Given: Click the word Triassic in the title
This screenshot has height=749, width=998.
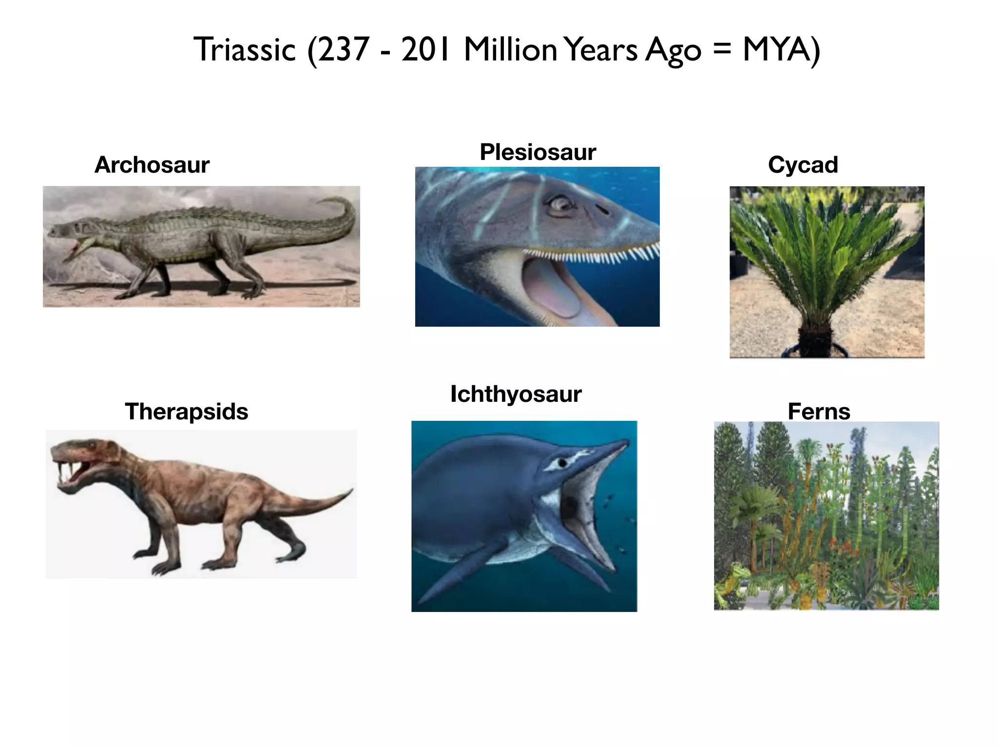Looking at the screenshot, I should [x=245, y=50].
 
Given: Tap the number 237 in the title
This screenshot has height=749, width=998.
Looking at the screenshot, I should [x=343, y=50].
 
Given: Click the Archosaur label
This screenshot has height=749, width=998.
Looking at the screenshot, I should [x=152, y=165].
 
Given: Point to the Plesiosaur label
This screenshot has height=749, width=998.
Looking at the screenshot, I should [x=537, y=152].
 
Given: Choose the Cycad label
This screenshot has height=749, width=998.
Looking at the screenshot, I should [x=803, y=165].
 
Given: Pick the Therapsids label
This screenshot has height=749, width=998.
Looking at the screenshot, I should [x=187, y=412].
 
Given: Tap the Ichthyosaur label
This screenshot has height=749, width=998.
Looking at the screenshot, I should [x=516, y=394].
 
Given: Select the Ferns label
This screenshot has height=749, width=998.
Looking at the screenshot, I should [x=819, y=412].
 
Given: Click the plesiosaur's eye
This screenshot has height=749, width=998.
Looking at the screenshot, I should [x=559, y=203].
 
